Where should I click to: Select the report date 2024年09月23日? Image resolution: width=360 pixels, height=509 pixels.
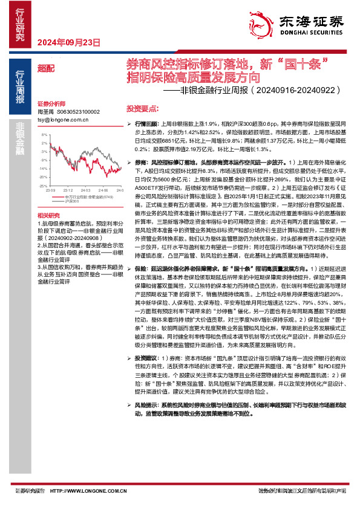pyautogui.click(x=68, y=42)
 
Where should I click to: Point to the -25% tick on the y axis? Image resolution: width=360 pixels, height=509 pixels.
pyautogui.click(x=42, y=178)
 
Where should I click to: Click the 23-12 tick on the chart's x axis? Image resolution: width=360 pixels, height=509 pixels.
pyautogui.click(x=68, y=182)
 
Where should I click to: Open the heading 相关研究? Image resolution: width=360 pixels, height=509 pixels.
pyautogui.click(x=48, y=215)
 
